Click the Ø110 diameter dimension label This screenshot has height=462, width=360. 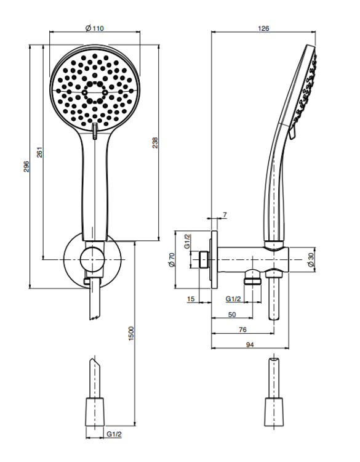[95, 28]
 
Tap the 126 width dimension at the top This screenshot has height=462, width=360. [263, 28]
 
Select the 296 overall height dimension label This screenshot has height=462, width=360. [26, 166]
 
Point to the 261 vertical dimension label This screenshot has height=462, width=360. [40, 152]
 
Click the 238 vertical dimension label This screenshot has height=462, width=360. [155, 143]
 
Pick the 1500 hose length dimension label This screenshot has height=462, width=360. [131, 333]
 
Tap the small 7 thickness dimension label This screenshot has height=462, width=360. [225, 215]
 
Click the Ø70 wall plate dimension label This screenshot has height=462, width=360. [172, 260]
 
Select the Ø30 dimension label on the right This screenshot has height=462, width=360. [311, 260]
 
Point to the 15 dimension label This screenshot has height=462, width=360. [191, 299]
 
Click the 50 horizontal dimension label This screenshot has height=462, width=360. [232, 314]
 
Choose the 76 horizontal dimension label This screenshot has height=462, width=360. [242, 330]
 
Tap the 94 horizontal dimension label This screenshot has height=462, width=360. [250, 345]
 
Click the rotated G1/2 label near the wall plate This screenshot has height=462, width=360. [187, 241]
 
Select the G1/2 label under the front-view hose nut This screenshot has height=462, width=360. [114, 434]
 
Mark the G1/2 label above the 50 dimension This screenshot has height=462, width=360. [233, 299]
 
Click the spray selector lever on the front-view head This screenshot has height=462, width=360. [95, 131]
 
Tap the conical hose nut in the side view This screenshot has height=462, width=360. [274, 412]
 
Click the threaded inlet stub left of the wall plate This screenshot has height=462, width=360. [204, 259]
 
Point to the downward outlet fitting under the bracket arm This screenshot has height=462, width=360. [252, 277]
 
